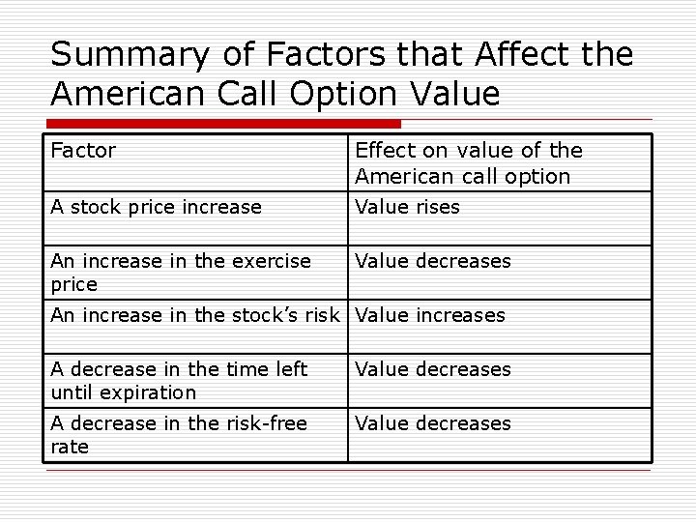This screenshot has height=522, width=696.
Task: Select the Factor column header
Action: pyautogui.click(x=83, y=150)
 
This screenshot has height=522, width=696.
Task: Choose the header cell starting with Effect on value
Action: pyautogui.click(x=469, y=163)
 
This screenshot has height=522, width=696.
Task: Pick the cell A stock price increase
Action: pyautogui.click(x=156, y=207)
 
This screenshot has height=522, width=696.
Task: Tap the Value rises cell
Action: pyautogui.click(x=407, y=207)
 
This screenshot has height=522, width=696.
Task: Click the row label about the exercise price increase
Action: pyautogui.click(x=181, y=272)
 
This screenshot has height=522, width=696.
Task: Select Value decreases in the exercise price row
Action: pyautogui.click(x=432, y=261)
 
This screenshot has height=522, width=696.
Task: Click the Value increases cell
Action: pyautogui.click(x=430, y=315)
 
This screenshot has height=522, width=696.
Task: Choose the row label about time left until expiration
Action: pyautogui.click(x=179, y=380)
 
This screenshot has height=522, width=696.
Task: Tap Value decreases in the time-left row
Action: pyautogui.click(x=432, y=369)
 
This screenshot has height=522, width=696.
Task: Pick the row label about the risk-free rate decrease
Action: pyautogui.click(x=179, y=434)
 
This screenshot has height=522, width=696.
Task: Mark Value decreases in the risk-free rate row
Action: pyautogui.click(x=432, y=423)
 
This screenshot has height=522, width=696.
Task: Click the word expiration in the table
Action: pyautogui.click(x=151, y=392)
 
